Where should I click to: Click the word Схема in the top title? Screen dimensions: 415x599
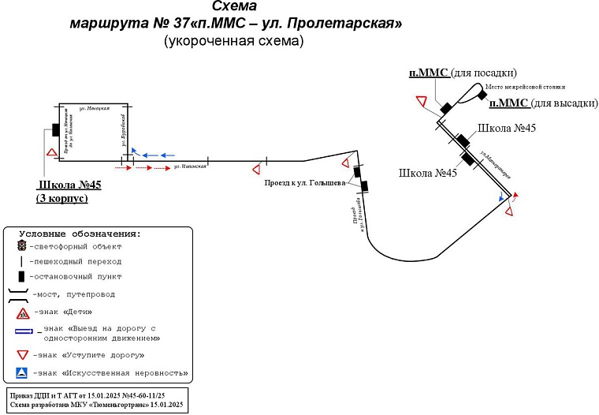[234, 6]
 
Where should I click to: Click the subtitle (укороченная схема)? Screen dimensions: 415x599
[234, 41]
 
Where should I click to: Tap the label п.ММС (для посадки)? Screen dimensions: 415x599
[462, 73]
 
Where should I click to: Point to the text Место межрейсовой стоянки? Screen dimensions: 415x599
[525, 87]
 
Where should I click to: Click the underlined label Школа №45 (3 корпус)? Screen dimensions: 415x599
[69, 192]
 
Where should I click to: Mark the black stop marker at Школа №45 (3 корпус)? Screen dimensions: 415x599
[56, 130]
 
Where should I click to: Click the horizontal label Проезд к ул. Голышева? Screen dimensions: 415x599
[304, 183]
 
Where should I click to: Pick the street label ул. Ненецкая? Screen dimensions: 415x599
[94, 108]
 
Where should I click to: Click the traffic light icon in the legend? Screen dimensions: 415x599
[21, 246]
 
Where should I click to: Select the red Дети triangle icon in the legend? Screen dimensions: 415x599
[21, 313]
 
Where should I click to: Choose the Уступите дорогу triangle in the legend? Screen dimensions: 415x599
[21, 354]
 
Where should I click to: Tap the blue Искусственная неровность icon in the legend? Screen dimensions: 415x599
[21, 372]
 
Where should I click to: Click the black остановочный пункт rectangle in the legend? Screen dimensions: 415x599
[21, 277]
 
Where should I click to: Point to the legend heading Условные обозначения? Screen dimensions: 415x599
[80, 234]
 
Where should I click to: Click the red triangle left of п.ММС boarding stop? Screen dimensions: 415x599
[422, 102]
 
